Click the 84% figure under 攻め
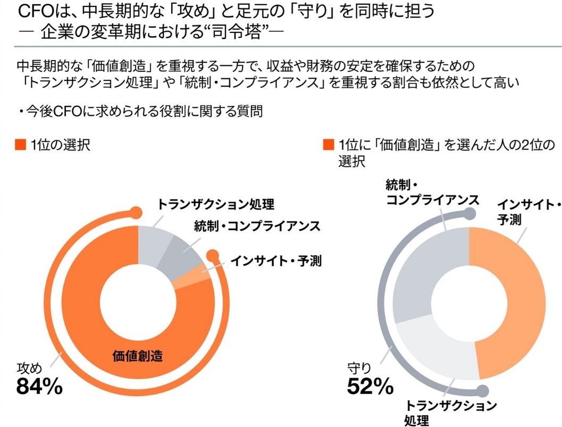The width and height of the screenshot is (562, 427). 39,387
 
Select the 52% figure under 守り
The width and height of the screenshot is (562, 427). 371,387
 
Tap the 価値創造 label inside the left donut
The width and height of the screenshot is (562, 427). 138,356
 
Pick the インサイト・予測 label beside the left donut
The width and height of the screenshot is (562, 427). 276,261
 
